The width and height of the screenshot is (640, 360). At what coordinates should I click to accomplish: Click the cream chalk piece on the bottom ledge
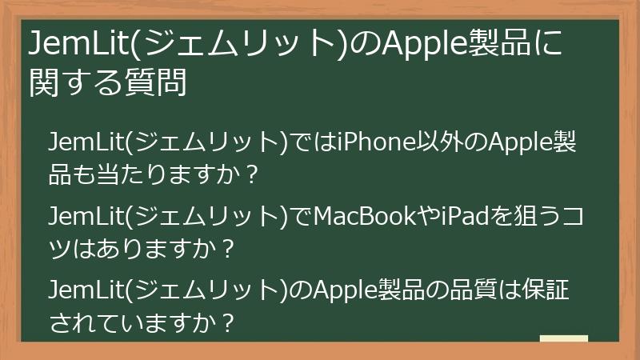564,339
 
